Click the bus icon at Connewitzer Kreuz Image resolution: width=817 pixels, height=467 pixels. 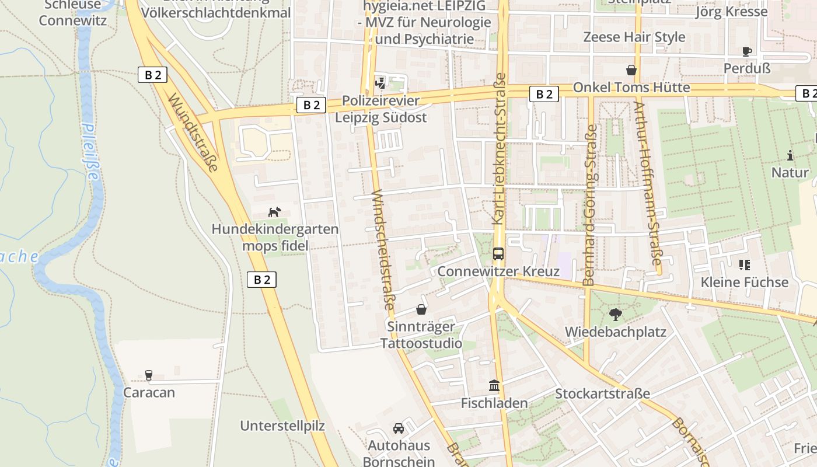click(498, 254)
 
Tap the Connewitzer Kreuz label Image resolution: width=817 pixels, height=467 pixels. click(498, 271)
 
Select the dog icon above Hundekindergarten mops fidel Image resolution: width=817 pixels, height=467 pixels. click(274, 212)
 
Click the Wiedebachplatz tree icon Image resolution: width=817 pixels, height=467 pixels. click(615, 315)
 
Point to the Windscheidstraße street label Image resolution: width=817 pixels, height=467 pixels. click(383, 249)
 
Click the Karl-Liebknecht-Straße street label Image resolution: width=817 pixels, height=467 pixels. click(499, 149)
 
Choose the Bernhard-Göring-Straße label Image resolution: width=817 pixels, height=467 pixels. click(590, 205)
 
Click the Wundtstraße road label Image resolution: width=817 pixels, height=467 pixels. click(193, 133)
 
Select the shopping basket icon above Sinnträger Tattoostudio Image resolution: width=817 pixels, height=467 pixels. click(421, 309)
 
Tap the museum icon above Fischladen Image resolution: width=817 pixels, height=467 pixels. click(494, 386)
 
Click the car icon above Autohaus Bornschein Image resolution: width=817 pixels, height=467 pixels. click(399, 428)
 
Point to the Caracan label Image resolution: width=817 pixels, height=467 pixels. click(149, 392)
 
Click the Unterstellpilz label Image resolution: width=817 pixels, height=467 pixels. click(282, 426)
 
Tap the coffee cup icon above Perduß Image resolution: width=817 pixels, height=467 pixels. click(747, 51)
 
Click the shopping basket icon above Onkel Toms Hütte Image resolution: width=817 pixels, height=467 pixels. click(631, 70)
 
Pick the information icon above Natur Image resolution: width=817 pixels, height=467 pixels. click(790, 155)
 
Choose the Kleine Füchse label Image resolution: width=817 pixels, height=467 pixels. click(744, 283)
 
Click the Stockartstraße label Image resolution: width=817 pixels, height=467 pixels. click(602, 393)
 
